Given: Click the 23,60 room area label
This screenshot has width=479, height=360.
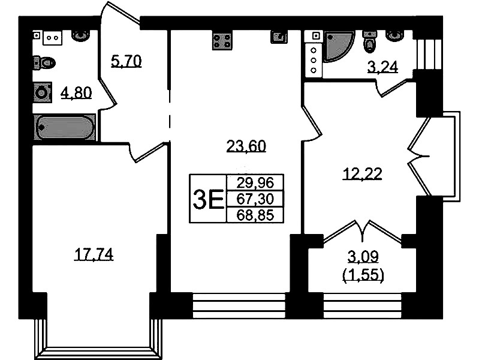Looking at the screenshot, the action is pos(246,146).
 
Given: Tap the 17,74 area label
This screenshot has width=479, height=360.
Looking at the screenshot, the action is pos(94,254).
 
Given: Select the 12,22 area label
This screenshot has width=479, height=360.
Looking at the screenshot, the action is pos(363,174).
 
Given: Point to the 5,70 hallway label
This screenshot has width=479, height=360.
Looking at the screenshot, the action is pos(126,61).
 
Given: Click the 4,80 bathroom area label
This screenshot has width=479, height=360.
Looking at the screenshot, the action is pos(76,92).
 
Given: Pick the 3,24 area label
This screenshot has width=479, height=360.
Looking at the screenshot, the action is pos(382,67).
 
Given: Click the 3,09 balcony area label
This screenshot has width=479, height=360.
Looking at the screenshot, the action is pos(363,257).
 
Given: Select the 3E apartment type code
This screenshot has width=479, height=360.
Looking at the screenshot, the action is pos(209,199).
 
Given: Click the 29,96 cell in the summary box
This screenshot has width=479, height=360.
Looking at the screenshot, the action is pos(255,183).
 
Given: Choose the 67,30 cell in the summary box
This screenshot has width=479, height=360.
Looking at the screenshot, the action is pos(255,199).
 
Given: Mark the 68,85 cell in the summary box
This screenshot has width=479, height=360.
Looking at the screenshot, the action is pos(255,215).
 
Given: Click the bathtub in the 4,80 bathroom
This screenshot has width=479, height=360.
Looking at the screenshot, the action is pos(65,127).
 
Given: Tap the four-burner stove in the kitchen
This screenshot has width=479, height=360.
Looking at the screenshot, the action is pos(222,40).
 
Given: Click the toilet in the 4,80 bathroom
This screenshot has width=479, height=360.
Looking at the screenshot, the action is pos(44,63).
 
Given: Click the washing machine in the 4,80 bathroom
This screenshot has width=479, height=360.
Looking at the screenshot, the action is pos(42,92).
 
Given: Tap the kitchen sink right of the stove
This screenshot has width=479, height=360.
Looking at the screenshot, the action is pos(279,37).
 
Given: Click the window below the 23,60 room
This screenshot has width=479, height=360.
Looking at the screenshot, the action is pos(239,306).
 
